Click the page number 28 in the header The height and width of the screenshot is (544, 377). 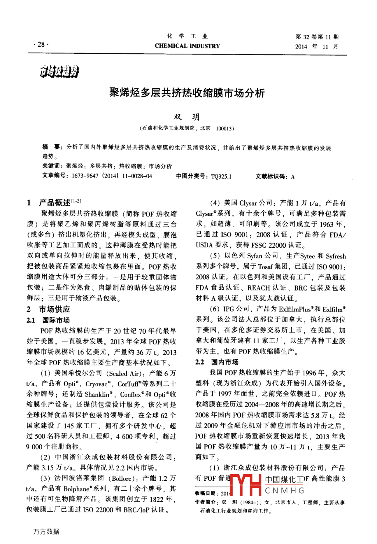[41, 44]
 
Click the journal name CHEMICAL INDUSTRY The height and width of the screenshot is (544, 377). [187, 46]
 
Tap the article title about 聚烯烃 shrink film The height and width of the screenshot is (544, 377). [187, 93]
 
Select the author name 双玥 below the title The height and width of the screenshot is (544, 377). [187, 117]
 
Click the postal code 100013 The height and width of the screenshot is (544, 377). [224, 128]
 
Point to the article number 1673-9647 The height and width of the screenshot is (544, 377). [85, 176]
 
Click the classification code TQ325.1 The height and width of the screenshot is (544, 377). [221, 176]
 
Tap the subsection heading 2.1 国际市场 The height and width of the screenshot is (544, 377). [48, 320]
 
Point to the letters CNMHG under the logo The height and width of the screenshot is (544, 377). [285, 491]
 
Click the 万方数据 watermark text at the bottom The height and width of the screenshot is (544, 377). [46, 532]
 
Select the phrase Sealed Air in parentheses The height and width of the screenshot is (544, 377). [123, 373]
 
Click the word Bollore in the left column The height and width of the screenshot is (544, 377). [122, 479]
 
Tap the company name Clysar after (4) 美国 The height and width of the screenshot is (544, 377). [248, 203]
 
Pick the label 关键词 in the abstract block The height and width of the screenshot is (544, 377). [51, 166]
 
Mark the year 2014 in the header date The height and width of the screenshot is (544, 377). [301, 47]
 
